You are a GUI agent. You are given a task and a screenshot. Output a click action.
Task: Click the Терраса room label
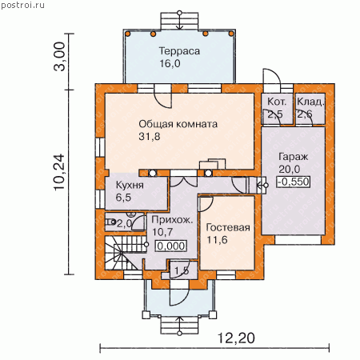[179, 51]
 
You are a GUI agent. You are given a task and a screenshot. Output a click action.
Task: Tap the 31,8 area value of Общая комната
[150, 137]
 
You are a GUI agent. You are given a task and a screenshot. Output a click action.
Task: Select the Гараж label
[294, 157]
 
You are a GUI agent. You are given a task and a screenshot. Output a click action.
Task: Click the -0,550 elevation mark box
[294, 182]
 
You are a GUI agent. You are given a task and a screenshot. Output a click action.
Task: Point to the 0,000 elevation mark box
[171, 246]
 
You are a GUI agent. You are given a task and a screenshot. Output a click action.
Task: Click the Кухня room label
[130, 185]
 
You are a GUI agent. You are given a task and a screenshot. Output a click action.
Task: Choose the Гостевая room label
[228, 227]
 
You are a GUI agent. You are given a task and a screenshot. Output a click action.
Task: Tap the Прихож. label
[172, 220]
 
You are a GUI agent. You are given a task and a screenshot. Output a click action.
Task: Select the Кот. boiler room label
[277, 102]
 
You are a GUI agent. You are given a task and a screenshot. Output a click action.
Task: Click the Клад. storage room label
[310, 102]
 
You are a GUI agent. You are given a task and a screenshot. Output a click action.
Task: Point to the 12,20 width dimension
[236, 338]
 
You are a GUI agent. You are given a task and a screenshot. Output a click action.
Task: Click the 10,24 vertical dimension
[59, 172]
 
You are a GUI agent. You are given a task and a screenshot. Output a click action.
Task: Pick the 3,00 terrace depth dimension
[59, 56]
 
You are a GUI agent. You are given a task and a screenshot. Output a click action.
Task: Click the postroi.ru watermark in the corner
[22, 5]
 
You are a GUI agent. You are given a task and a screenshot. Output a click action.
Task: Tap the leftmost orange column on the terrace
[128, 34]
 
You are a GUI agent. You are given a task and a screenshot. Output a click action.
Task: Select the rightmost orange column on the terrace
[231, 34]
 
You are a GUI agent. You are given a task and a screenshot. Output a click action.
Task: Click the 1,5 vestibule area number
[182, 271]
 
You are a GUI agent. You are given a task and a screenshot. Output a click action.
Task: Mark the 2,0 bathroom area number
[125, 223]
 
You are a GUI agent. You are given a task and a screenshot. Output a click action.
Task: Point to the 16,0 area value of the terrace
[170, 64]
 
